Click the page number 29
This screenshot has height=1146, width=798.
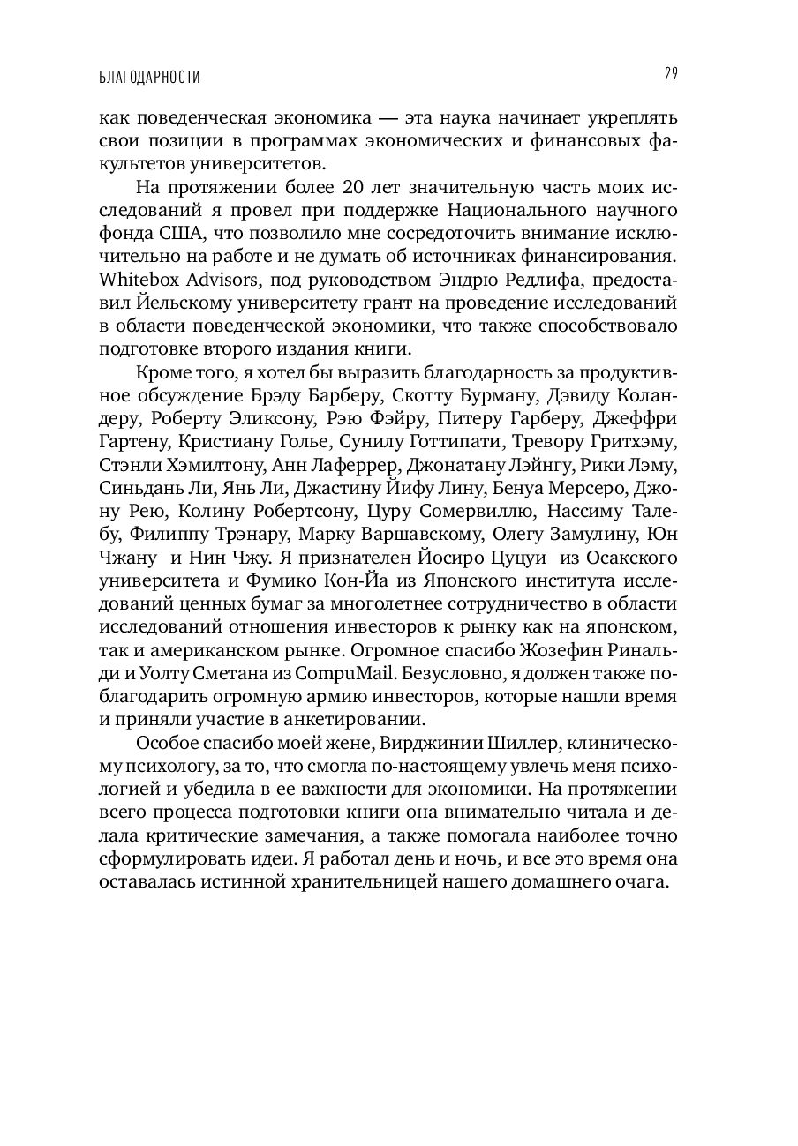pyautogui.click(x=670, y=74)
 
